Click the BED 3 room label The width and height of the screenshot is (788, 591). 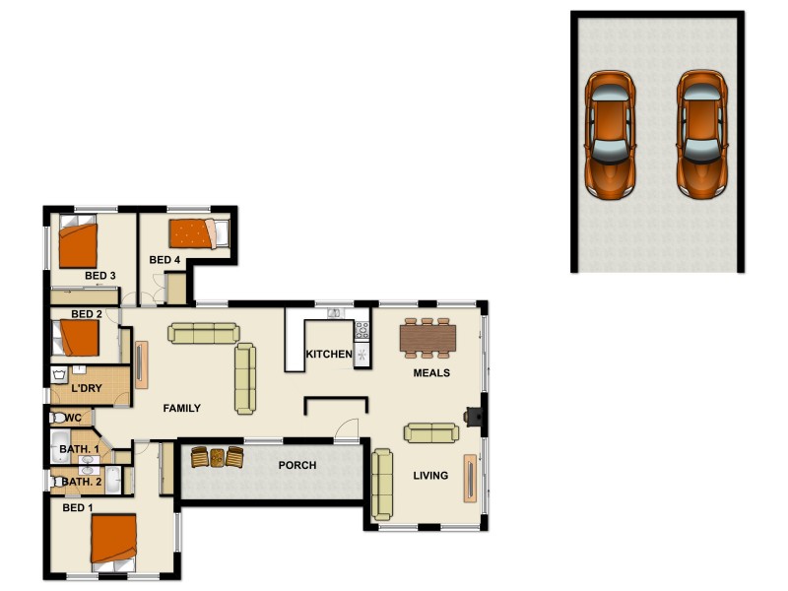point(100,275)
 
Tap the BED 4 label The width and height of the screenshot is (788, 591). point(164,260)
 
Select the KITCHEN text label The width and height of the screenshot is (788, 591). point(329,355)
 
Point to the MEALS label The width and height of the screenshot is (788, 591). point(431,373)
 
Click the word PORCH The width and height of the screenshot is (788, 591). point(297,465)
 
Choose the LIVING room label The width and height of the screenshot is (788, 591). point(430,476)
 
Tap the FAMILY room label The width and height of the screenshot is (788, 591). point(182,408)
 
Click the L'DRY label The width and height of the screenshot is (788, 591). point(87,389)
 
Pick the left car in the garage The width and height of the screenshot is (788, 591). point(610,132)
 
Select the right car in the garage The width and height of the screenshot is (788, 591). point(701,132)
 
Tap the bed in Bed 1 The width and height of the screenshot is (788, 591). point(113,540)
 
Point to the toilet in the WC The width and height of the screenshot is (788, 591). point(60,418)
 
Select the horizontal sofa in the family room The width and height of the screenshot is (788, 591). point(202,334)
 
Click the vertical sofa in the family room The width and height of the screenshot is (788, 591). point(245,378)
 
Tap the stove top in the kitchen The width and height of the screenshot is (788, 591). point(361,331)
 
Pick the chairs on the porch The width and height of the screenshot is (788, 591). point(217,457)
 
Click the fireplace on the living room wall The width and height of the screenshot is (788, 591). point(476,415)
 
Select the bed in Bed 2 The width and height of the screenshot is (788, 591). point(79,339)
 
